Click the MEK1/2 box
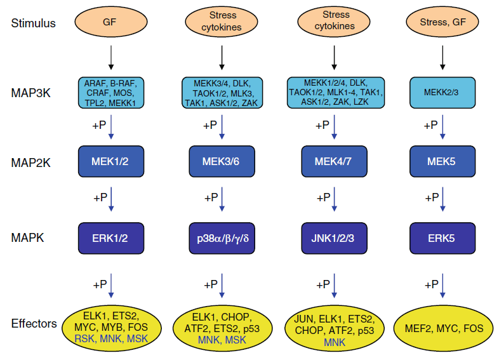[x=111, y=161]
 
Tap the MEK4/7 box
[x=335, y=161]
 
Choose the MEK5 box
[x=442, y=161]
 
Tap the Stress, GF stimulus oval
[x=442, y=23]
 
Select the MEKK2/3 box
[x=442, y=93]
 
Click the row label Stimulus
[x=34, y=23]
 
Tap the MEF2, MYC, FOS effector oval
[x=442, y=328]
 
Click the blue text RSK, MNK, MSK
[x=111, y=340]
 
